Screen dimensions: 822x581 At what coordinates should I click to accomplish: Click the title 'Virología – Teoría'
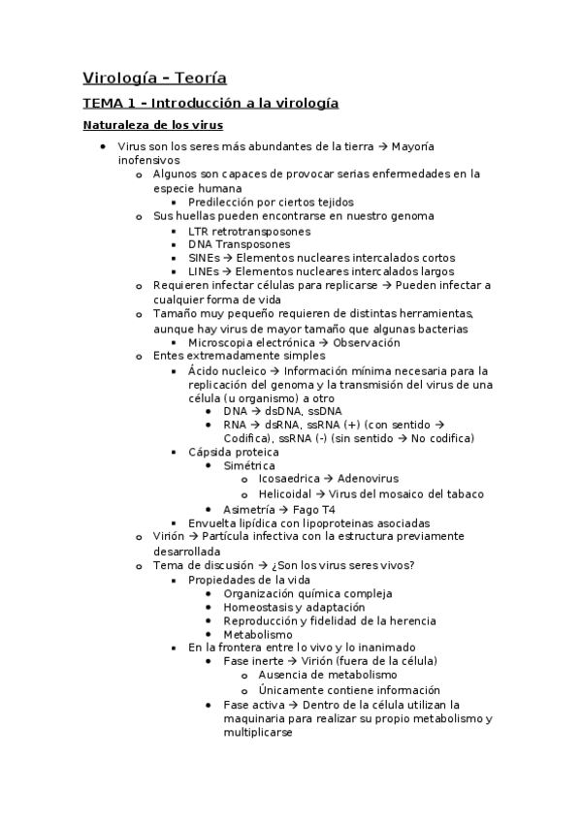pyautogui.click(x=154, y=78)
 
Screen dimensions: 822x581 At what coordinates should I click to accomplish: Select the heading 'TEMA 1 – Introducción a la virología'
pyautogui.click(x=210, y=103)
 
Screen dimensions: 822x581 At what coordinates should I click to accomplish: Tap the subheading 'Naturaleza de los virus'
pyautogui.click(x=152, y=125)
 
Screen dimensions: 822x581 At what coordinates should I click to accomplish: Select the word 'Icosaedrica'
pyautogui.click(x=289, y=479)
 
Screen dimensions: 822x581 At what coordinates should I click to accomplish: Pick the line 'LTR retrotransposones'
pyautogui.click(x=249, y=231)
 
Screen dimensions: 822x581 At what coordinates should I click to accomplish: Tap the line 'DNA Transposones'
pyautogui.click(x=239, y=244)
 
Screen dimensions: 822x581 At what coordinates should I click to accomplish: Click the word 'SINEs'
pyautogui.click(x=204, y=258)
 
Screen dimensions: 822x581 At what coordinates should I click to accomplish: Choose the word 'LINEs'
pyautogui.click(x=204, y=271)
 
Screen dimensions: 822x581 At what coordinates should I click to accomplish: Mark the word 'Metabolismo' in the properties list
pyautogui.click(x=257, y=635)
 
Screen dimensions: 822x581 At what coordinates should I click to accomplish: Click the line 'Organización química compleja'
pyautogui.click(x=307, y=593)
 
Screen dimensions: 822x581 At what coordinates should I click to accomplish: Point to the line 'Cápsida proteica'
pyautogui.click(x=233, y=452)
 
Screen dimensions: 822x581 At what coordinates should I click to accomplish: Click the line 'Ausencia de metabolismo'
pyautogui.click(x=328, y=675)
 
